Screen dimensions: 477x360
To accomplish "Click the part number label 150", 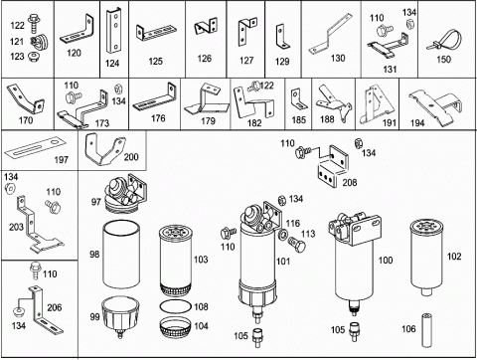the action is (443, 60).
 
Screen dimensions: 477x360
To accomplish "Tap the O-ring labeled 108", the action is (176, 306).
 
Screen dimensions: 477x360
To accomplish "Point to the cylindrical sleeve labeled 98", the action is (121, 255).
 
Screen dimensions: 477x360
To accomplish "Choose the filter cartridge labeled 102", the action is (427, 258).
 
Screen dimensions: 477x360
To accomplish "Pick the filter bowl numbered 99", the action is (120, 316).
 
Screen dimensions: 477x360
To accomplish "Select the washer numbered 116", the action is (284, 235).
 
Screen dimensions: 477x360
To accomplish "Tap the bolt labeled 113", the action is (297, 245).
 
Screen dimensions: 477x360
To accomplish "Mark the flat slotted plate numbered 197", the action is (35, 148).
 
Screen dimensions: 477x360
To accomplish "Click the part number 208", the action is (350, 182).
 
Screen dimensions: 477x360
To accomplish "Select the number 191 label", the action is (390, 123).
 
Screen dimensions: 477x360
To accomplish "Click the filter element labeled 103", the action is (175, 261).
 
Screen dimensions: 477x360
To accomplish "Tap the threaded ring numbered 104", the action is (176, 327).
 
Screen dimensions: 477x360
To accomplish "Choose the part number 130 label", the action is (338, 59).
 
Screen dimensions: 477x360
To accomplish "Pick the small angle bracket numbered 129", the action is (282, 37).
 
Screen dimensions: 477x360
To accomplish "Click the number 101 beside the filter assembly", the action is (283, 262).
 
